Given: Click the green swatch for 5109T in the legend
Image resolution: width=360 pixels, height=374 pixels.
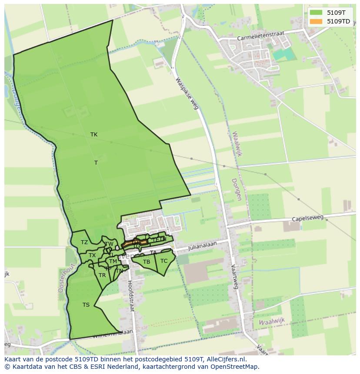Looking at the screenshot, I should (x=316, y=13).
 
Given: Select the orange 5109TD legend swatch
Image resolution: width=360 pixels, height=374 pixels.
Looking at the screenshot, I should (x=316, y=21).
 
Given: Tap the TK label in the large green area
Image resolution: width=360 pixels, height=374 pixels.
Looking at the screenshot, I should (x=94, y=135).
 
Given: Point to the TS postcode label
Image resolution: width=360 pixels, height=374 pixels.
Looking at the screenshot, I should (x=86, y=305).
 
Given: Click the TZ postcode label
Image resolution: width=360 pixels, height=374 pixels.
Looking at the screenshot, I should (x=84, y=242).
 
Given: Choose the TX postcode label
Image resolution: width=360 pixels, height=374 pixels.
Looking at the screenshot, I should (x=92, y=255).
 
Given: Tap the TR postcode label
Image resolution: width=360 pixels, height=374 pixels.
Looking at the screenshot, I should (x=102, y=275).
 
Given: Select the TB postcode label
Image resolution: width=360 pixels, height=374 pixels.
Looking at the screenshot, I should (x=147, y=262).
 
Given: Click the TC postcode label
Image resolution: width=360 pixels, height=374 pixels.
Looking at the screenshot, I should (x=164, y=261).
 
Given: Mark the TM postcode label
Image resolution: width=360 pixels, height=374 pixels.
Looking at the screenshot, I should (x=113, y=261).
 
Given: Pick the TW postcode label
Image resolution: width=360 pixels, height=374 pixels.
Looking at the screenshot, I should (x=109, y=244).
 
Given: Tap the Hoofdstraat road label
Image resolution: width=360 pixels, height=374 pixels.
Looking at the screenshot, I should (x=130, y=295).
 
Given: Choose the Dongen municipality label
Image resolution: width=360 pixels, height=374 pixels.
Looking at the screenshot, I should (x=236, y=189).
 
